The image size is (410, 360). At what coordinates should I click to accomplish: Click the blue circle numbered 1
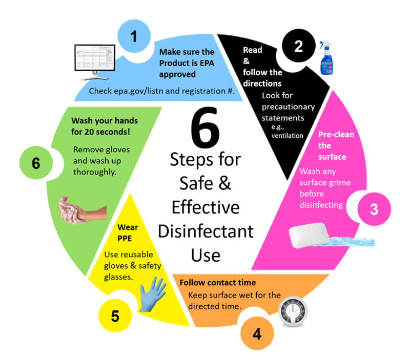[x=134, y=37]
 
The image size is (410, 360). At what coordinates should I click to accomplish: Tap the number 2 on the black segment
[x=298, y=47]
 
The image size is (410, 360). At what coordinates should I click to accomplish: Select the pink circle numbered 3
[x=374, y=209]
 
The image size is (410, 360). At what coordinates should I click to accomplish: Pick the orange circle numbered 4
[x=257, y=333]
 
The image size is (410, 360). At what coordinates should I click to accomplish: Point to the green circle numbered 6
[x=35, y=163]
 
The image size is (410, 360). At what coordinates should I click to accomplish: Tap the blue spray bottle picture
[x=326, y=59]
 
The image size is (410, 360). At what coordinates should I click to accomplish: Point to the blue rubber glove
[x=153, y=294]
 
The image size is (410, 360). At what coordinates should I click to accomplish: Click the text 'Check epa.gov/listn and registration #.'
[x=161, y=91]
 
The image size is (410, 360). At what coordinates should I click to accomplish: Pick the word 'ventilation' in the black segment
[x=288, y=136]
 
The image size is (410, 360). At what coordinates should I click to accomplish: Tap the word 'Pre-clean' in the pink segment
[x=336, y=135]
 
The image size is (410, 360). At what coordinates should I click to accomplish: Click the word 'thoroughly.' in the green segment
[x=95, y=172]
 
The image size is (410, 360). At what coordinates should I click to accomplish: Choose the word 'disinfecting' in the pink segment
[x=321, y=205]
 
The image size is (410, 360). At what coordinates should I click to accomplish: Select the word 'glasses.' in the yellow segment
[x=119, y=277]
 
